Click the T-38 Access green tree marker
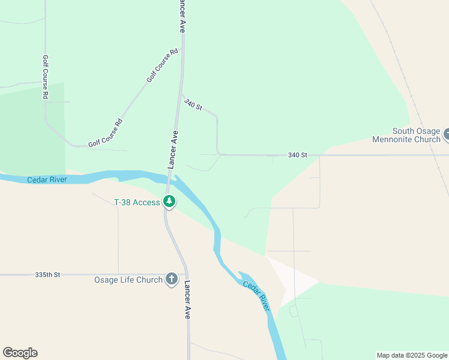(169, 202)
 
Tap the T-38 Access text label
(137, 202)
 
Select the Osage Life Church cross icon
(172, 279)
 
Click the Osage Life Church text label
(128, 280)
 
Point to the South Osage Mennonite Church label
(416, 135)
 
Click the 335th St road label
(48, 275)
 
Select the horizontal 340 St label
(297, 155)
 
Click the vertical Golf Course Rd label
(45, 77)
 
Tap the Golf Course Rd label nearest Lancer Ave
(163, 65)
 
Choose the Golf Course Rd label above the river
(105, 133)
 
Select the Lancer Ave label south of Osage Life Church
(187, 299)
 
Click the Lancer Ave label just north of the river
(172, 149)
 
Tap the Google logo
(20, 353)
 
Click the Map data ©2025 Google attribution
(411, 355)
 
